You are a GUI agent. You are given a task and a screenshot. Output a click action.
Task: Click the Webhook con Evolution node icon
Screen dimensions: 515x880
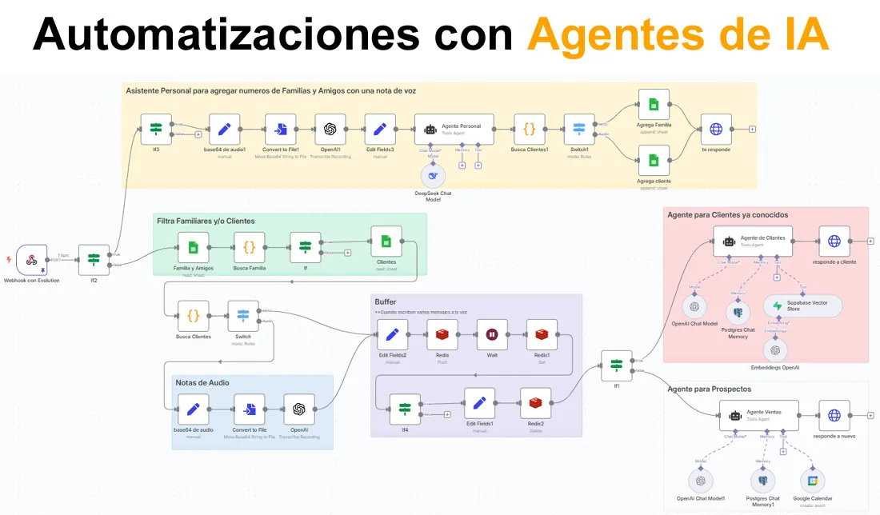click(x=32, y=260)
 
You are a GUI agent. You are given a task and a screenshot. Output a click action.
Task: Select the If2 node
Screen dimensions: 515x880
click(x=94, y=260)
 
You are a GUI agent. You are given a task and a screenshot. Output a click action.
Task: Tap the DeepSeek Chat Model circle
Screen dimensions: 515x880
click(x=433, y=177)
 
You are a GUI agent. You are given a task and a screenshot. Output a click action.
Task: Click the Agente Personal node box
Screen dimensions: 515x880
click(x=454, y=129)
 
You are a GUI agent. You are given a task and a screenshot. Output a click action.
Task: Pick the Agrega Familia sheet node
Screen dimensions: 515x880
click(x=654, y=105)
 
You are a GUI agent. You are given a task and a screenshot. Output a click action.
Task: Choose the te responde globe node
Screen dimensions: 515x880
click(x=716, y=129)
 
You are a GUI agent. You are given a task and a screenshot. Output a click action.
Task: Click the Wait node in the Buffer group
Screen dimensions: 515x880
click(x=492, y=334)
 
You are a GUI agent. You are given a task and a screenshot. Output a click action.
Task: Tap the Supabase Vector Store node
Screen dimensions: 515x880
click(x=802, y=306)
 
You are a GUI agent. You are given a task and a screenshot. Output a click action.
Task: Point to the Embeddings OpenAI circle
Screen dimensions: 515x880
click(x=773, y=349)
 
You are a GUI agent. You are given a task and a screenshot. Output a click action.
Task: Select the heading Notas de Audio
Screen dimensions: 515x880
click(x=202, y=383)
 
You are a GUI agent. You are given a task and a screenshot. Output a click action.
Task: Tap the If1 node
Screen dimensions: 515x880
click(x=616, y=365)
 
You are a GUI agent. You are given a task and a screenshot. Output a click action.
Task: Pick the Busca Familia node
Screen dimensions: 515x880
click(x=249, y=248)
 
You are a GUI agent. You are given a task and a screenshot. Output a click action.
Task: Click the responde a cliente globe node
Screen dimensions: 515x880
click(x=834, y=241)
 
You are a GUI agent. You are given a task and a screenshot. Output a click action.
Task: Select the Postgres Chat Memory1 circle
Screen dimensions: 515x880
click(x=762, y=481)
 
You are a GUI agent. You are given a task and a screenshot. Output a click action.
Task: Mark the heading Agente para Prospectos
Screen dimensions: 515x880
click(x=710, y=389)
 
